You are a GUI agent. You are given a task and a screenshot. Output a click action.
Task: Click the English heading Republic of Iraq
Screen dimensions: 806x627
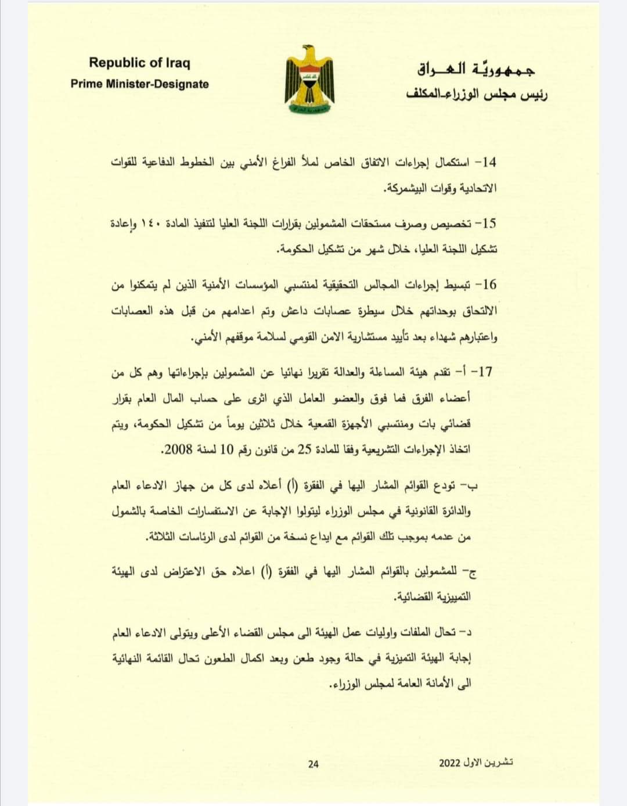[139, 63]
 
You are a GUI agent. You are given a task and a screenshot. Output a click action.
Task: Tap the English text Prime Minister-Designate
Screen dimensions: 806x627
[139, 84]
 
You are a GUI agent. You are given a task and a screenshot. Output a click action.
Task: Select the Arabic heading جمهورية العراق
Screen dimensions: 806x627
[476, 70]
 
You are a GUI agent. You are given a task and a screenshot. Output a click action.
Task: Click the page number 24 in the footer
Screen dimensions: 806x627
[313, 764]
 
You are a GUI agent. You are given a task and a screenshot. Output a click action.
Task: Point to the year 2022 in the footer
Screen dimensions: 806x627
[449, 762]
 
